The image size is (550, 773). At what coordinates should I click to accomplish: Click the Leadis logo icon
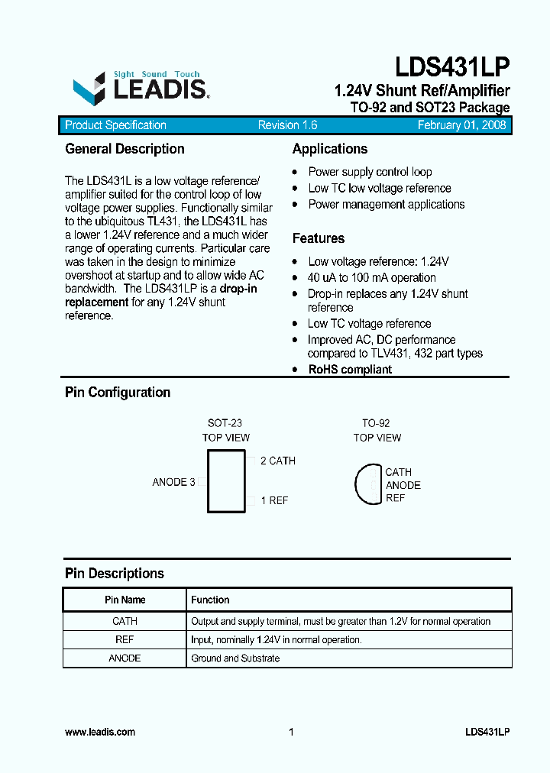(x=89, y=89)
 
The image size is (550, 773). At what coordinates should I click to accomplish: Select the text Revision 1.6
(x=287, y=125)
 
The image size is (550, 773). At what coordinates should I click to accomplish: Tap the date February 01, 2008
(x=461, y=125)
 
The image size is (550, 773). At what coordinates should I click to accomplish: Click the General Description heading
(x=125, y=149)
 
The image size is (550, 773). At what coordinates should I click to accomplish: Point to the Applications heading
(x=330, y=149)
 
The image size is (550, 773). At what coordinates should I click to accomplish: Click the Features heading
(x=319, y=238)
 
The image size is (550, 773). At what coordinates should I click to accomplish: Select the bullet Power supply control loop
(x=370, y=172)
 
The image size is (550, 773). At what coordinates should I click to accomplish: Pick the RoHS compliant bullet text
(x=350, y=370)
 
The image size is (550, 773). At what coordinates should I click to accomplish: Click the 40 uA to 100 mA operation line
(x=372, y=278)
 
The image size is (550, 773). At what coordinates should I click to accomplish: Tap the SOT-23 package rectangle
(x=226, y=481)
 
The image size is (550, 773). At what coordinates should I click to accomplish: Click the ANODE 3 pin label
(x=174, y=482)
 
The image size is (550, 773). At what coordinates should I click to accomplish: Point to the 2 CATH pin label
(x=277, y=461)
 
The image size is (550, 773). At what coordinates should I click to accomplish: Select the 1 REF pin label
(x=274, y=500)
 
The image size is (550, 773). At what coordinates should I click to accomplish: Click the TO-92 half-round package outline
(x=368, y=484)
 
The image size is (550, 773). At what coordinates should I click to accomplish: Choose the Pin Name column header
(x=125, y=600)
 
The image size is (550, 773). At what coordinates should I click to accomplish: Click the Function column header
(x=210, y=600)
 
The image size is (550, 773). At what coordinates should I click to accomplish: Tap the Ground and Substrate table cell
(x=235, y=658)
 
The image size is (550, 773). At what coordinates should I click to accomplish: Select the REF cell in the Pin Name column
(x=125, y=639)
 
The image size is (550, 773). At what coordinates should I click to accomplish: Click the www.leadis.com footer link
(x=100, y=732)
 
